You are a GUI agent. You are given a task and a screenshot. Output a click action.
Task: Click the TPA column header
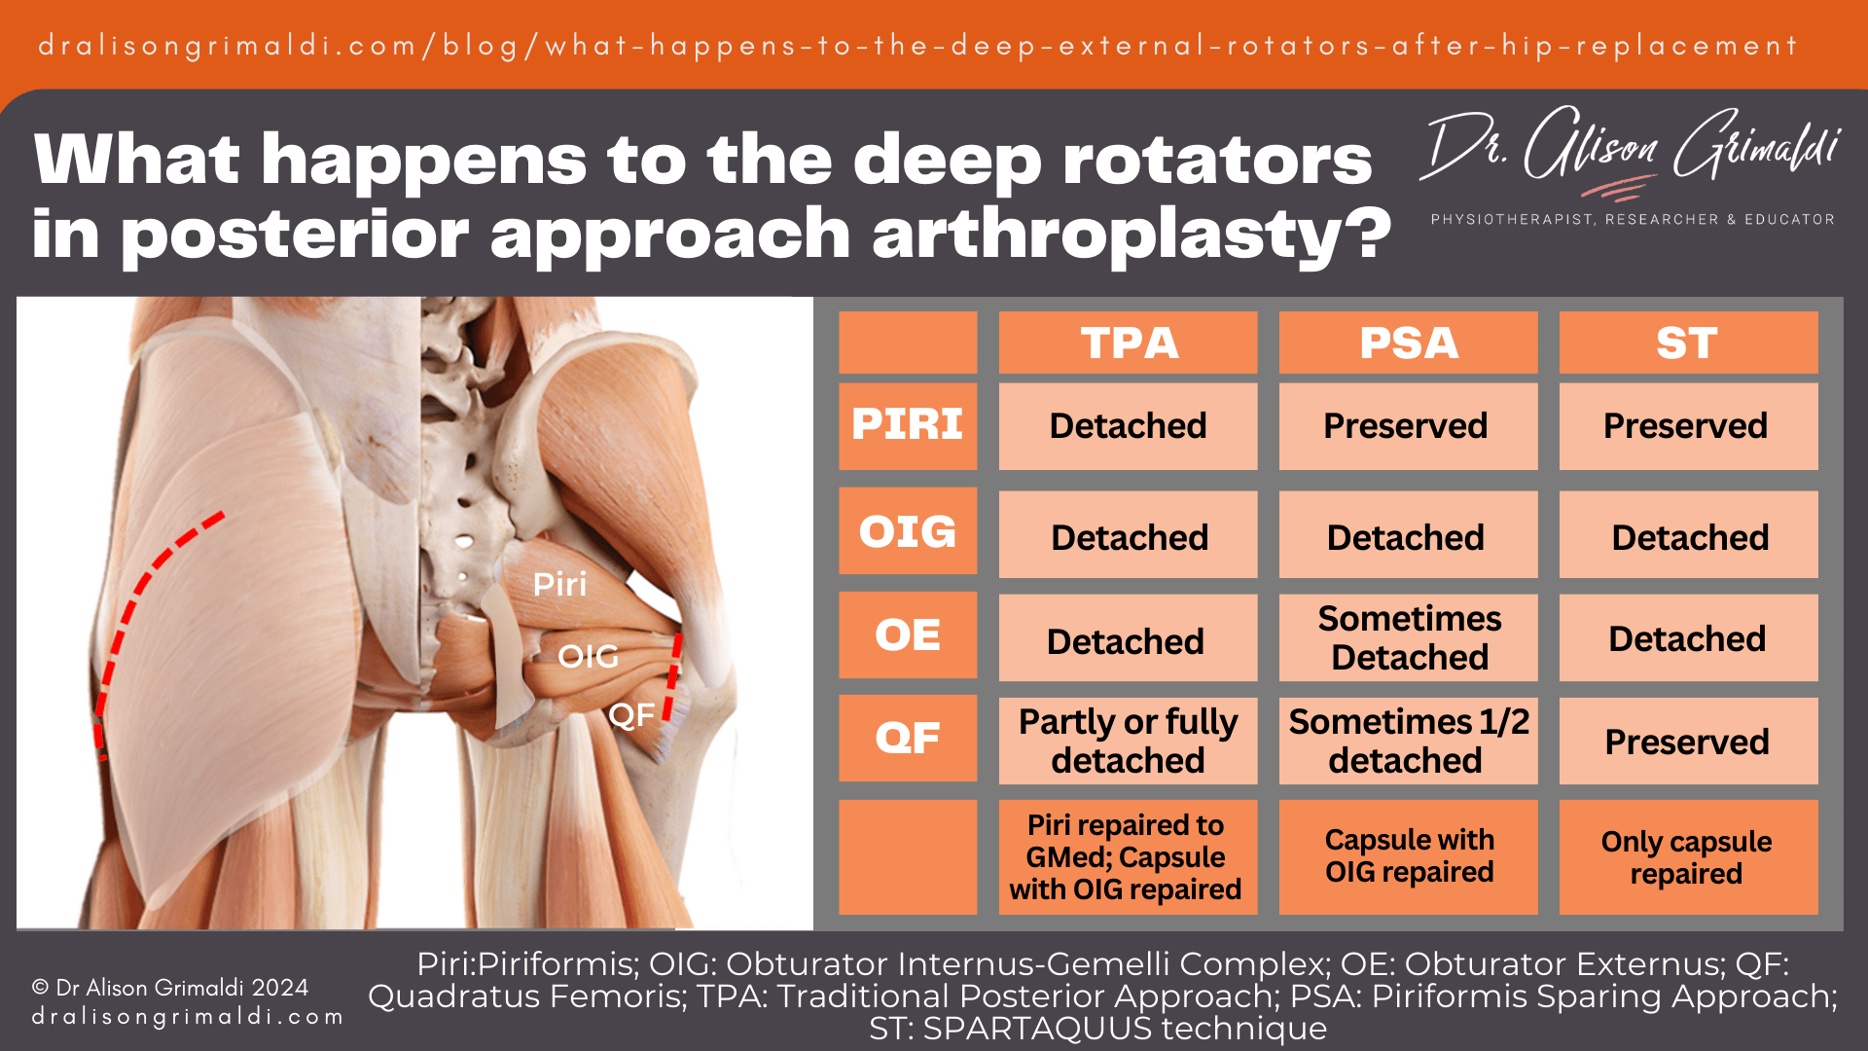pyautogui.click(x=1128, y=343)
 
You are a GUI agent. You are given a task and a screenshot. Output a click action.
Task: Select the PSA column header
pyautogui.click(x=1408, y=343)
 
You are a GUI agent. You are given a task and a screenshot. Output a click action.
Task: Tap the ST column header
pyautogui.click(x=1688, y=343)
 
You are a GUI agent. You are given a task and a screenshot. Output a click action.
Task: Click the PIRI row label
pyautogui.click(x=908, y=425)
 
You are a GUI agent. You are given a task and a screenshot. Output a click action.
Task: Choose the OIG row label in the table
pyautogui.click(x=908, y=531)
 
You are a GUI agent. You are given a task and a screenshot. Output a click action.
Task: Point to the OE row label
pyautogui.click(x=908, y=635)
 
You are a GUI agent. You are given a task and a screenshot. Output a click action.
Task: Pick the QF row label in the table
pyautogui.click(x=908, y=738)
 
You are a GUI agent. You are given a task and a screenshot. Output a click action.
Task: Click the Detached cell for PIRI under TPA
pyautogui.click(x=1128, y=426)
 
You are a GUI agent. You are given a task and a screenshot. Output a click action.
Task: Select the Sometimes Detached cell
pyautogui.click(x=1408, y=637)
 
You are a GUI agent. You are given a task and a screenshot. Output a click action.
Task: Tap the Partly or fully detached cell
pyautogui.click(x=1128, y=741)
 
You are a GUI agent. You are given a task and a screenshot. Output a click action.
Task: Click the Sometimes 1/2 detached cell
pyautogui.click(x=1408, y=741)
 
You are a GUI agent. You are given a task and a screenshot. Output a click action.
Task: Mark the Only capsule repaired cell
pyautogui.click(x=1688, y=857)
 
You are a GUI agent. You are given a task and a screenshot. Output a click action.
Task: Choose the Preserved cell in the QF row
pyautogui.click(x=1688, y=742)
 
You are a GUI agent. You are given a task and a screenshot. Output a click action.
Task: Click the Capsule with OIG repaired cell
pyautogui.click(x=1408, y=856)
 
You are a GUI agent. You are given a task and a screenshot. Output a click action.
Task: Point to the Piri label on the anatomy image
pyautogui.click(x=559, y=585)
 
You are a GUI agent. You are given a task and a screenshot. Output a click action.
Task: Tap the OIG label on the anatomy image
pyautogui.click(x=588, y=657)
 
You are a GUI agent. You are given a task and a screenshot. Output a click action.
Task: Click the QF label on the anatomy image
pyautogui.click(x=631, y=716)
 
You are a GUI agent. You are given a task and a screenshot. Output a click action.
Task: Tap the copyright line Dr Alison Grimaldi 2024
pyautogui.click(x=171, y=988)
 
